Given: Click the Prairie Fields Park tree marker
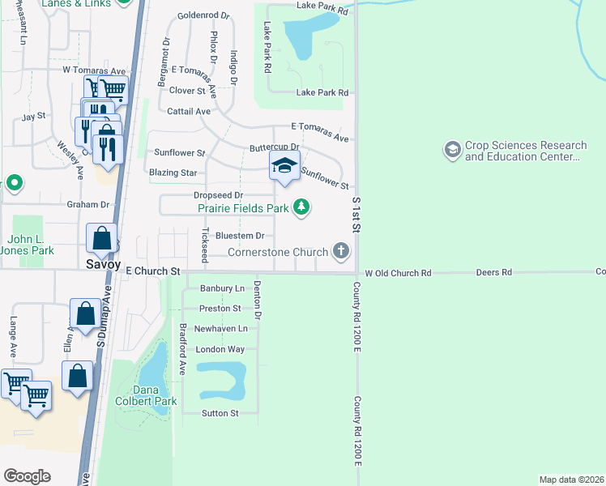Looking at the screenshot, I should tap(301, 208).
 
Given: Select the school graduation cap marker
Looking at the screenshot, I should tap(284, 164).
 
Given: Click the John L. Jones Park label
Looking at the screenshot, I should tap(31, 245).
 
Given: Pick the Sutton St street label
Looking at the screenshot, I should tap(221, 413).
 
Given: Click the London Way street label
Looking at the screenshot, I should tap(220, 349).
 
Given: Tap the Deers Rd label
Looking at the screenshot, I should tap(494, 273).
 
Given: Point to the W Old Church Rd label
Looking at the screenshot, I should tap(398, 273).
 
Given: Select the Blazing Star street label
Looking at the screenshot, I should tap(173, 173).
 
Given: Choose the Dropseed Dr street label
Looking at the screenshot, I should tap(219, 195).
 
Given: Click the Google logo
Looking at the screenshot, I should tap(27, 476).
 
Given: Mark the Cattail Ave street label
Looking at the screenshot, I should tap(190, 111).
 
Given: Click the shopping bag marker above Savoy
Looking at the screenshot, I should tap(102, 238).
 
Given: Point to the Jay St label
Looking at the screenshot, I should tap(33, 117).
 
